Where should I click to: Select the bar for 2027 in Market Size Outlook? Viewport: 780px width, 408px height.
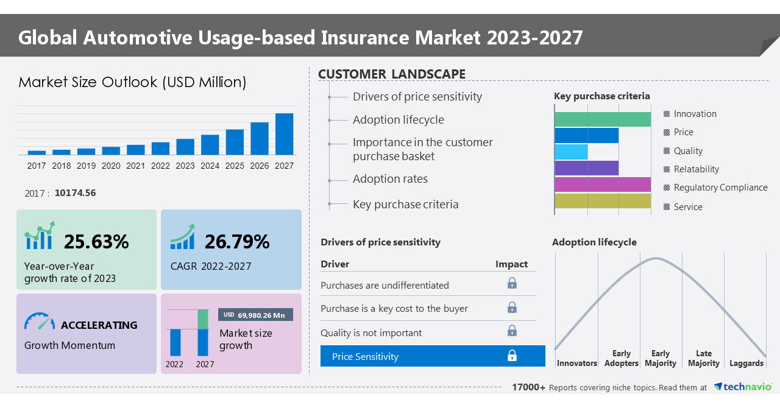[x=284, y=134]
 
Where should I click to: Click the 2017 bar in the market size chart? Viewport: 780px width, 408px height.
[x=37, y=152]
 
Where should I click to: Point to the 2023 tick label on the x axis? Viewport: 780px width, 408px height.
[x=185, y=166]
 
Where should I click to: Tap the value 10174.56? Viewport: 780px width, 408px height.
[x=75, y=193]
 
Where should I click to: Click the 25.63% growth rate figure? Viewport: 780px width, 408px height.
[x=96, y=242]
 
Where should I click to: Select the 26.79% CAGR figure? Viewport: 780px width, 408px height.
[x=236, y=242]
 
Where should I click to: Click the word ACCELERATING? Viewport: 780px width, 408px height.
[x=99, y=325]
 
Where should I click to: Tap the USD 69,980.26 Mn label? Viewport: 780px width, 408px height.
[x=255, y=315]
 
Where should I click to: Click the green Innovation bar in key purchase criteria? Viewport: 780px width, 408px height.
[x=602, y=119]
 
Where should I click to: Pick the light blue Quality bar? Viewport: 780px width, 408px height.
[x=571, y=152]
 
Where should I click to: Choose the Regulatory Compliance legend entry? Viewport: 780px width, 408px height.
[x=720, y=188]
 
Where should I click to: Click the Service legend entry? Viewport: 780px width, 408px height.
[x=687, y=207]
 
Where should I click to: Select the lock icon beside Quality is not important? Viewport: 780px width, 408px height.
[x=512, y=331]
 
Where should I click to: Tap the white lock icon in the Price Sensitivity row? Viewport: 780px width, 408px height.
[x=512, y=356]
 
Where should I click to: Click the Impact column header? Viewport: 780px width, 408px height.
[x=511, y=264]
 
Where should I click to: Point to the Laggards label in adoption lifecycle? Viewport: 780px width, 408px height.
[x=746, y=364]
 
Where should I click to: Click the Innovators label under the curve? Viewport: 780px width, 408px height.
[x=576, y=364]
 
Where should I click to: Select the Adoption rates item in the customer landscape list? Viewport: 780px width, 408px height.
[x=390, y=179]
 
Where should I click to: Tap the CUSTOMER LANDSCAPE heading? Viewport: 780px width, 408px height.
[x=391, y=74]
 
